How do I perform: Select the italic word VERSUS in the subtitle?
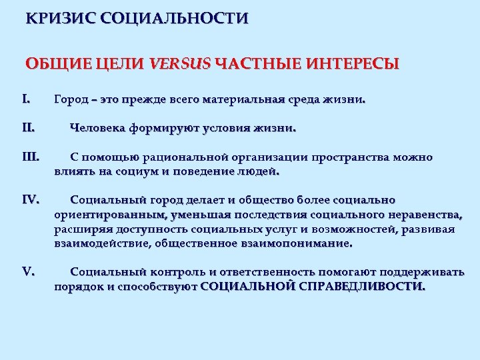tap(180, 65)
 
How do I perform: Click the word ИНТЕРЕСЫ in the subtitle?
tap(353, 65)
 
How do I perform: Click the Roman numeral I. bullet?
tap(26, 100)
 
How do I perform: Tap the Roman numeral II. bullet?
tap(28, 128)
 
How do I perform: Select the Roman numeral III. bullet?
tap(31, 158)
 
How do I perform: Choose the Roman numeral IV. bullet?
tap(31, 199)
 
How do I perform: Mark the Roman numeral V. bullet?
tap(28, 271)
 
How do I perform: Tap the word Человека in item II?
tap(100, 128)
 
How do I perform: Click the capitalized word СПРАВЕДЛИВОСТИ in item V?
tap(360, 286)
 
